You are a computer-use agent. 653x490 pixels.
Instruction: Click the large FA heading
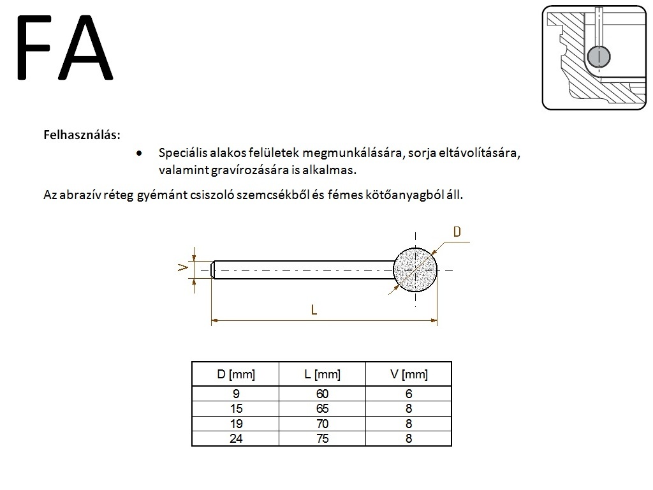point(64,47)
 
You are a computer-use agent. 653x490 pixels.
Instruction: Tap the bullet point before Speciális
point(139,153)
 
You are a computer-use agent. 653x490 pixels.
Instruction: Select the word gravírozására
point(250,170)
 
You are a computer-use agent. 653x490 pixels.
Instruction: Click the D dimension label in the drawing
point(457,232)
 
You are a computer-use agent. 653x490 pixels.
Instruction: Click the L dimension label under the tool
point(314,309)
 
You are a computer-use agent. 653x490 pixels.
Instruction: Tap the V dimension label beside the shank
point(183,267)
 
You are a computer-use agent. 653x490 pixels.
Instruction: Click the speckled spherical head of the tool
point(415,270)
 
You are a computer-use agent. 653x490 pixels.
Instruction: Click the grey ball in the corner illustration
point(598,56)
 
